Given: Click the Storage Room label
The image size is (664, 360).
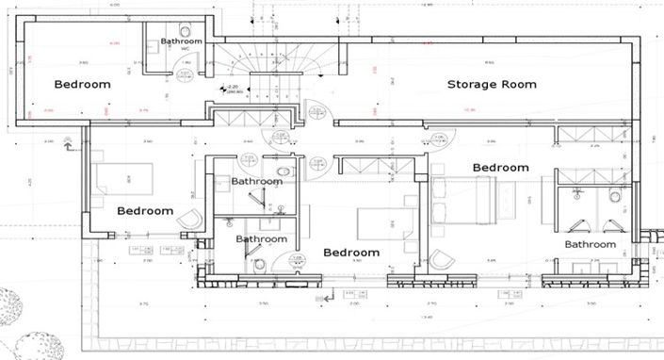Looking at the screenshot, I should (491, 85).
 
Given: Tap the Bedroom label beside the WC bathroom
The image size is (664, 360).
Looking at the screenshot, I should (82, 85).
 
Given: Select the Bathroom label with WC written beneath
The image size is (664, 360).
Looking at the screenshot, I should (181, 41).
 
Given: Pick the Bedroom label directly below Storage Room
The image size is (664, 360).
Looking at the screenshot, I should (500, 168).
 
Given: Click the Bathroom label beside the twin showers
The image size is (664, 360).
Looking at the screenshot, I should (590, 245).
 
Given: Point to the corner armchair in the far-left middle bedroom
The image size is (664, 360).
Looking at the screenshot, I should (189, 218).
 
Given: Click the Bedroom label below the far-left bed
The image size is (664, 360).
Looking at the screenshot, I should (145, 211).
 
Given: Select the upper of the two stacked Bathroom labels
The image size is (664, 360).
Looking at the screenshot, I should (257, 181).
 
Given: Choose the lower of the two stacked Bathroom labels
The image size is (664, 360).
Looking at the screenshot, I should (261, 239).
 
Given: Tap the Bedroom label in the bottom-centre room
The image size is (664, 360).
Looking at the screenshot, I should (351, 253).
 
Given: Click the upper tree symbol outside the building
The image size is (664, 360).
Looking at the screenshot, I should (11, 305).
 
